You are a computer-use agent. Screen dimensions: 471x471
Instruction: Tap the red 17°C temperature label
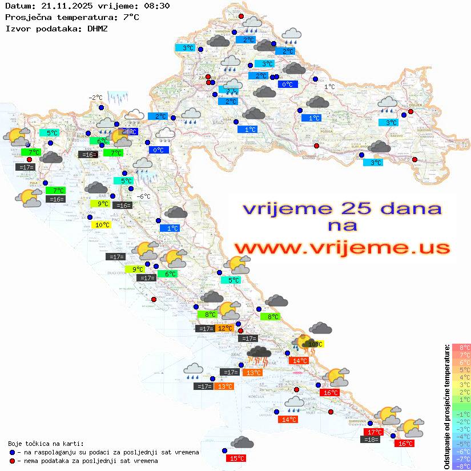click(373, 432)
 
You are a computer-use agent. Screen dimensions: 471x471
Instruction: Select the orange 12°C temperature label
click(224, 328)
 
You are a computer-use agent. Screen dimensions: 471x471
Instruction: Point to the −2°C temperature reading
click(95, 98)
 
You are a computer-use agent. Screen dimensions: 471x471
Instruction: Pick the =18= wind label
click(371, 440)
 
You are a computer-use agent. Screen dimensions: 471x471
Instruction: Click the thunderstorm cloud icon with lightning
click(260, 356)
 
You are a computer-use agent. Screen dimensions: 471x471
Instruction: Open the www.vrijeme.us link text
click(341, 248)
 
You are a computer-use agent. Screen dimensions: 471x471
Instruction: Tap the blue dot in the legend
click(12, 452)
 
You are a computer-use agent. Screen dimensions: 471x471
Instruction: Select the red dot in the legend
click(12, 461)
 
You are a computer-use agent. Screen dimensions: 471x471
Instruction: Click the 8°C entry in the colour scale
click(461, 348)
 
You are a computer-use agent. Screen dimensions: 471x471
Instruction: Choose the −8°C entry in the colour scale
click(461, 466)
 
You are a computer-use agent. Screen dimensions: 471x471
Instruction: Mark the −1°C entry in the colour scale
click(461, 414)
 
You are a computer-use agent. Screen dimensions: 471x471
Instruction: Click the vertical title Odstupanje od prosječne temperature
click(446, 406)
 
